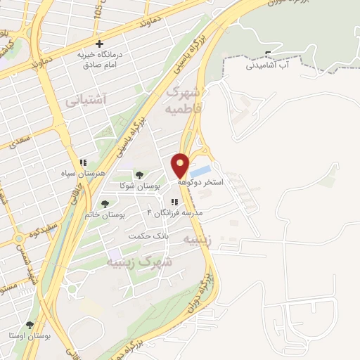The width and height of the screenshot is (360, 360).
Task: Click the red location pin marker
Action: point(181,165)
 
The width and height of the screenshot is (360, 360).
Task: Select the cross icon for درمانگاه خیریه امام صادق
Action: point(99,44)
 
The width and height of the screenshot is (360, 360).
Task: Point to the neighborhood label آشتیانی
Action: point(85,101)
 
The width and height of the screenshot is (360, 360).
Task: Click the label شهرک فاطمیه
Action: point(182,101)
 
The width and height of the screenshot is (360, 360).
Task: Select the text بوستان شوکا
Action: point(147,186)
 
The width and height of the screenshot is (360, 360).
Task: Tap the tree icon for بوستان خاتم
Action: point(105,204)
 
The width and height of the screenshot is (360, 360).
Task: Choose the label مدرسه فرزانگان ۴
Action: point(174,212)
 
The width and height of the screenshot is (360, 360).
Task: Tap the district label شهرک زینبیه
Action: point(140,262)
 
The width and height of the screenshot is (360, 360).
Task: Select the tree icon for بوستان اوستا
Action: point(29,326)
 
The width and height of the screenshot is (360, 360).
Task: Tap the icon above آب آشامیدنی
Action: point(268,54)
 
